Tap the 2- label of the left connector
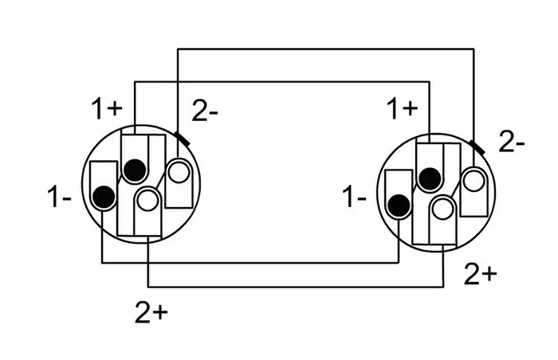(x=206, y=112)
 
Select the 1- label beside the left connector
(x=60, y=197)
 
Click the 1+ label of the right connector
(x=403, y=109)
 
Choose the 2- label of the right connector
(x=511, y=144)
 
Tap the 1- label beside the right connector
(x=356, y=197)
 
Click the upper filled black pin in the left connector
(x=135, y=169)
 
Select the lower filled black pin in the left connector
(x=103, y=194)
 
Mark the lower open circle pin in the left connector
(x=147, y=199)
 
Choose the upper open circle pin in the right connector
(x=474, y=180)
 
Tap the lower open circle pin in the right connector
(x=442, y=209)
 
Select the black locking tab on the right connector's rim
(x=477, y=147)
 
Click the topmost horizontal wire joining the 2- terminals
(x=327, y=49)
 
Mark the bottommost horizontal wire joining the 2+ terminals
(x=295, y=287)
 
